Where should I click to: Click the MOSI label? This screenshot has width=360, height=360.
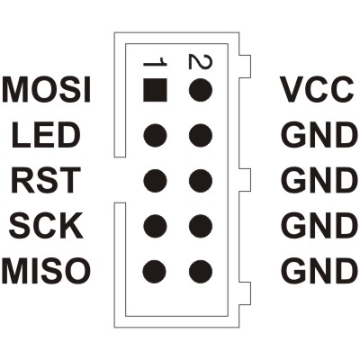tap(47, 90)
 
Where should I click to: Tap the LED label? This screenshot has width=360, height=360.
tap(47, 135)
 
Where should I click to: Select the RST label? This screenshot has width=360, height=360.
tap(46, 180)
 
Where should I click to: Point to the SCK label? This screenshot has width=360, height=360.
tap(46, 226)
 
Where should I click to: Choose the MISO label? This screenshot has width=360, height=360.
tap(46, 271)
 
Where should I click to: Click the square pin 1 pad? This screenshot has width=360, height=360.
tap(155, 90)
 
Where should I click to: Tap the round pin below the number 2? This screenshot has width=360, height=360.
tap(201, 90)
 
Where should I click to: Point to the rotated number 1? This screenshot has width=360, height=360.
tap(155, 63)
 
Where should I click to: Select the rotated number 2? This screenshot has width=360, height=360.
tap(201, 61)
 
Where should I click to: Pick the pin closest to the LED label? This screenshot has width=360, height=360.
tap(155, 135)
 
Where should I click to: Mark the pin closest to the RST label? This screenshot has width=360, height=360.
tap(155, 181)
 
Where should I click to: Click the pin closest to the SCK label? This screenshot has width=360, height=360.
tap(155, 226)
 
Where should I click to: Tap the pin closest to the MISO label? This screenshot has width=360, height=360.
tap(155, 272)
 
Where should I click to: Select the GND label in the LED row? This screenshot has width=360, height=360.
tap(319, 135)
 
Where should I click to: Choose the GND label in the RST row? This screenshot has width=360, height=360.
tap(319, 180)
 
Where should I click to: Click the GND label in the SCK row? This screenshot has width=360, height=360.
tap(319, 226)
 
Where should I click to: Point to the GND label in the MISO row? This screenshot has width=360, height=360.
tap(319, 271)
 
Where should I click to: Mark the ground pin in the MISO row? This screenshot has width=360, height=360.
tap(201, 272)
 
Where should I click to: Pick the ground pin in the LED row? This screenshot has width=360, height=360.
tap(201, 135)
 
